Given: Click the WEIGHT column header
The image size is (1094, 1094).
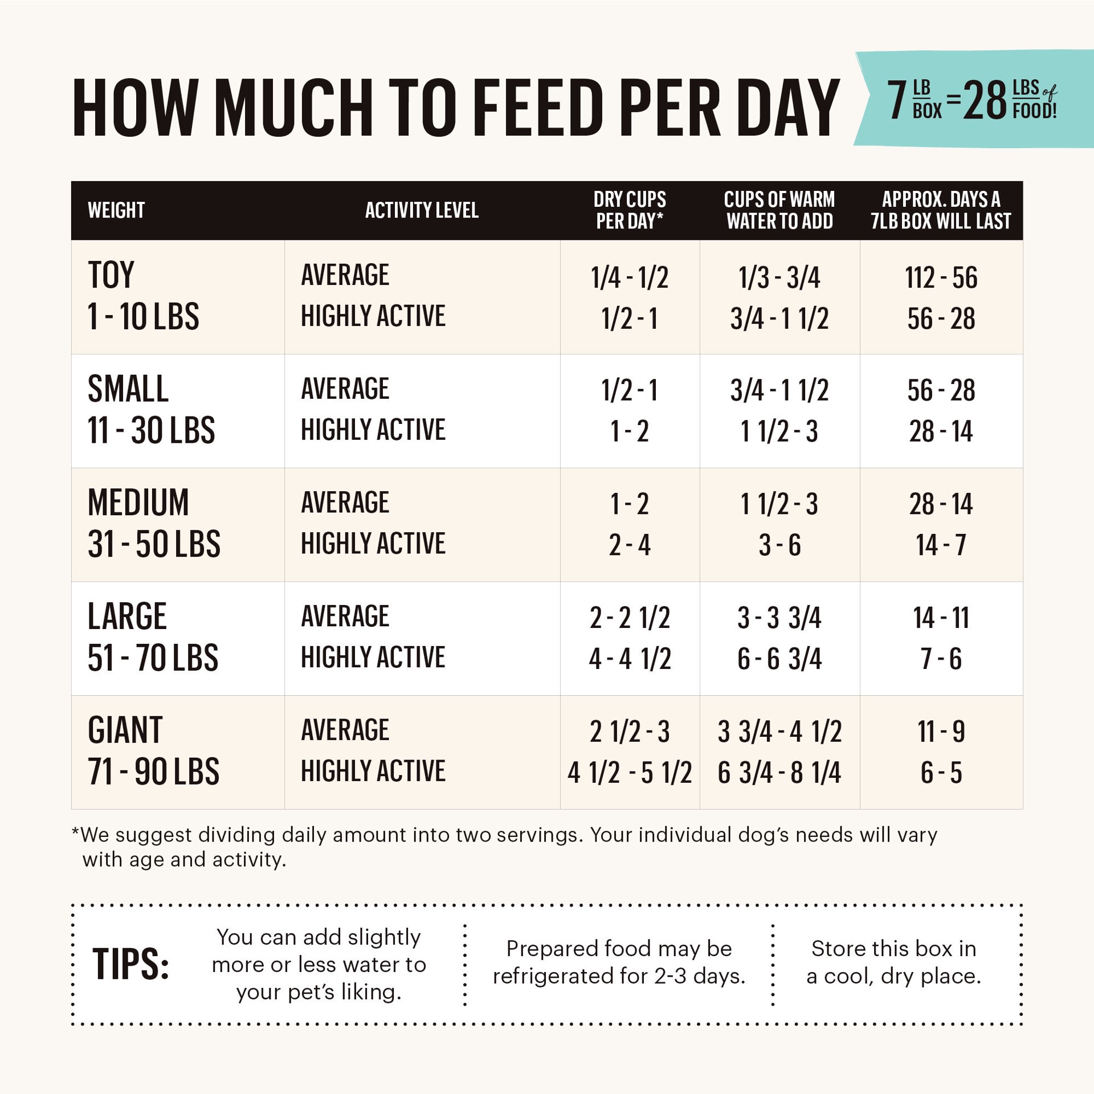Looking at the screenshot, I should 116,210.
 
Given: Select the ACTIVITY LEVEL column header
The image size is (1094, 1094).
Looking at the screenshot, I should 422,210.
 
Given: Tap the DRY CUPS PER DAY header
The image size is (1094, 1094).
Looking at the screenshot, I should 630,210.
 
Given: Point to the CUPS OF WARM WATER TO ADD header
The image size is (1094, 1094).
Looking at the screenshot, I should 779,210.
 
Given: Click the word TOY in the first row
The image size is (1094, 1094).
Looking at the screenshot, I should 111,275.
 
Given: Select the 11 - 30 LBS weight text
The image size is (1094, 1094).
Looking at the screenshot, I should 151,430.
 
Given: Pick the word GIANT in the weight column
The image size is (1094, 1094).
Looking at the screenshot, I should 125,730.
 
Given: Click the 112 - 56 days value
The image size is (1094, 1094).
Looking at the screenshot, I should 941,278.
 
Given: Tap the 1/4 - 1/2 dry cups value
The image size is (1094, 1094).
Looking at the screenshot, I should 630,278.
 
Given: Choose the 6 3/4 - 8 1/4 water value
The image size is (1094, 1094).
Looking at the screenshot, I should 779,773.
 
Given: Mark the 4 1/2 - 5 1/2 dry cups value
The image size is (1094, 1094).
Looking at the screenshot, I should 630,773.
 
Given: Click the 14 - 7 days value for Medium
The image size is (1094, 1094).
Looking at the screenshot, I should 941,545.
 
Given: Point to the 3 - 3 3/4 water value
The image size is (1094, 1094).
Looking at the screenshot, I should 779,618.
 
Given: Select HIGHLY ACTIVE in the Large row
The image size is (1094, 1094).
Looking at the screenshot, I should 373,658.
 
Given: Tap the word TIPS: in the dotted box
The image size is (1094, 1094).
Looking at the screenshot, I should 131,965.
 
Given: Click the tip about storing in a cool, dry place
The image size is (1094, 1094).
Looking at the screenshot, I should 893,962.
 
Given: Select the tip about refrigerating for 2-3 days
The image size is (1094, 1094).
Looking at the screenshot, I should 619,962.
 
